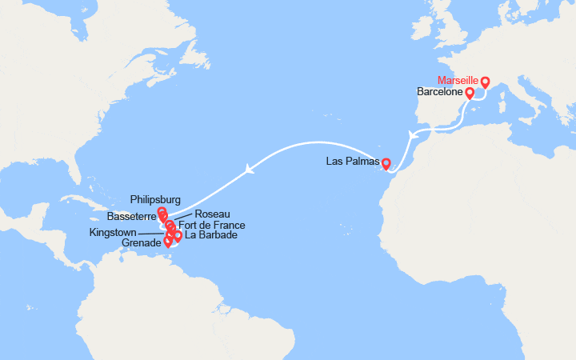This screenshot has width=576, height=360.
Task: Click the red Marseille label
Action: click(x=458, y=81)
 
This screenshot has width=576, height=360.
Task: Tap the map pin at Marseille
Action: click(x=485, y=82)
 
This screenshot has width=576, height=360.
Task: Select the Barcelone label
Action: click(x=440, y=93)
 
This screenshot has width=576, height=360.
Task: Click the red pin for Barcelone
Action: click(x=470, y=93)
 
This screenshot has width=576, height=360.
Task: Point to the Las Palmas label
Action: click(x=352, y=162)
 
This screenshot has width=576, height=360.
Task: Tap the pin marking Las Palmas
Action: click(x=386, y=164)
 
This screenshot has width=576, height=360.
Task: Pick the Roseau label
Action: click(x=212, y=214)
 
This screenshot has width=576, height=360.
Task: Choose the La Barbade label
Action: click(x=210, y=236)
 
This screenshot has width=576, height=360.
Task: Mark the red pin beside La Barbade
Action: click(x=178, y=235)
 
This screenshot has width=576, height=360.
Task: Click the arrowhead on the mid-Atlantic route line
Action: click(x=251, y=168)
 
